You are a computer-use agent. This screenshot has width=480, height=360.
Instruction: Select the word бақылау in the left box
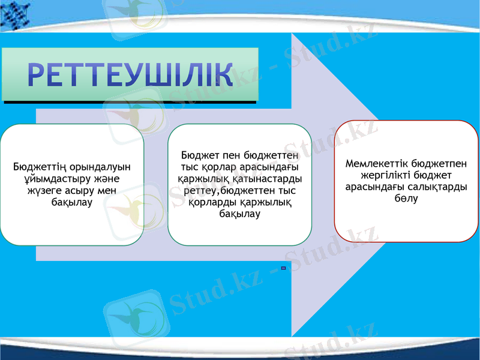point(71,203)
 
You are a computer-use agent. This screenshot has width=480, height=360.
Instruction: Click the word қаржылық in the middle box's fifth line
point(269,202)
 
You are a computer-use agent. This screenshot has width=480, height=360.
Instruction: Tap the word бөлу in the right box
point(406,199)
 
